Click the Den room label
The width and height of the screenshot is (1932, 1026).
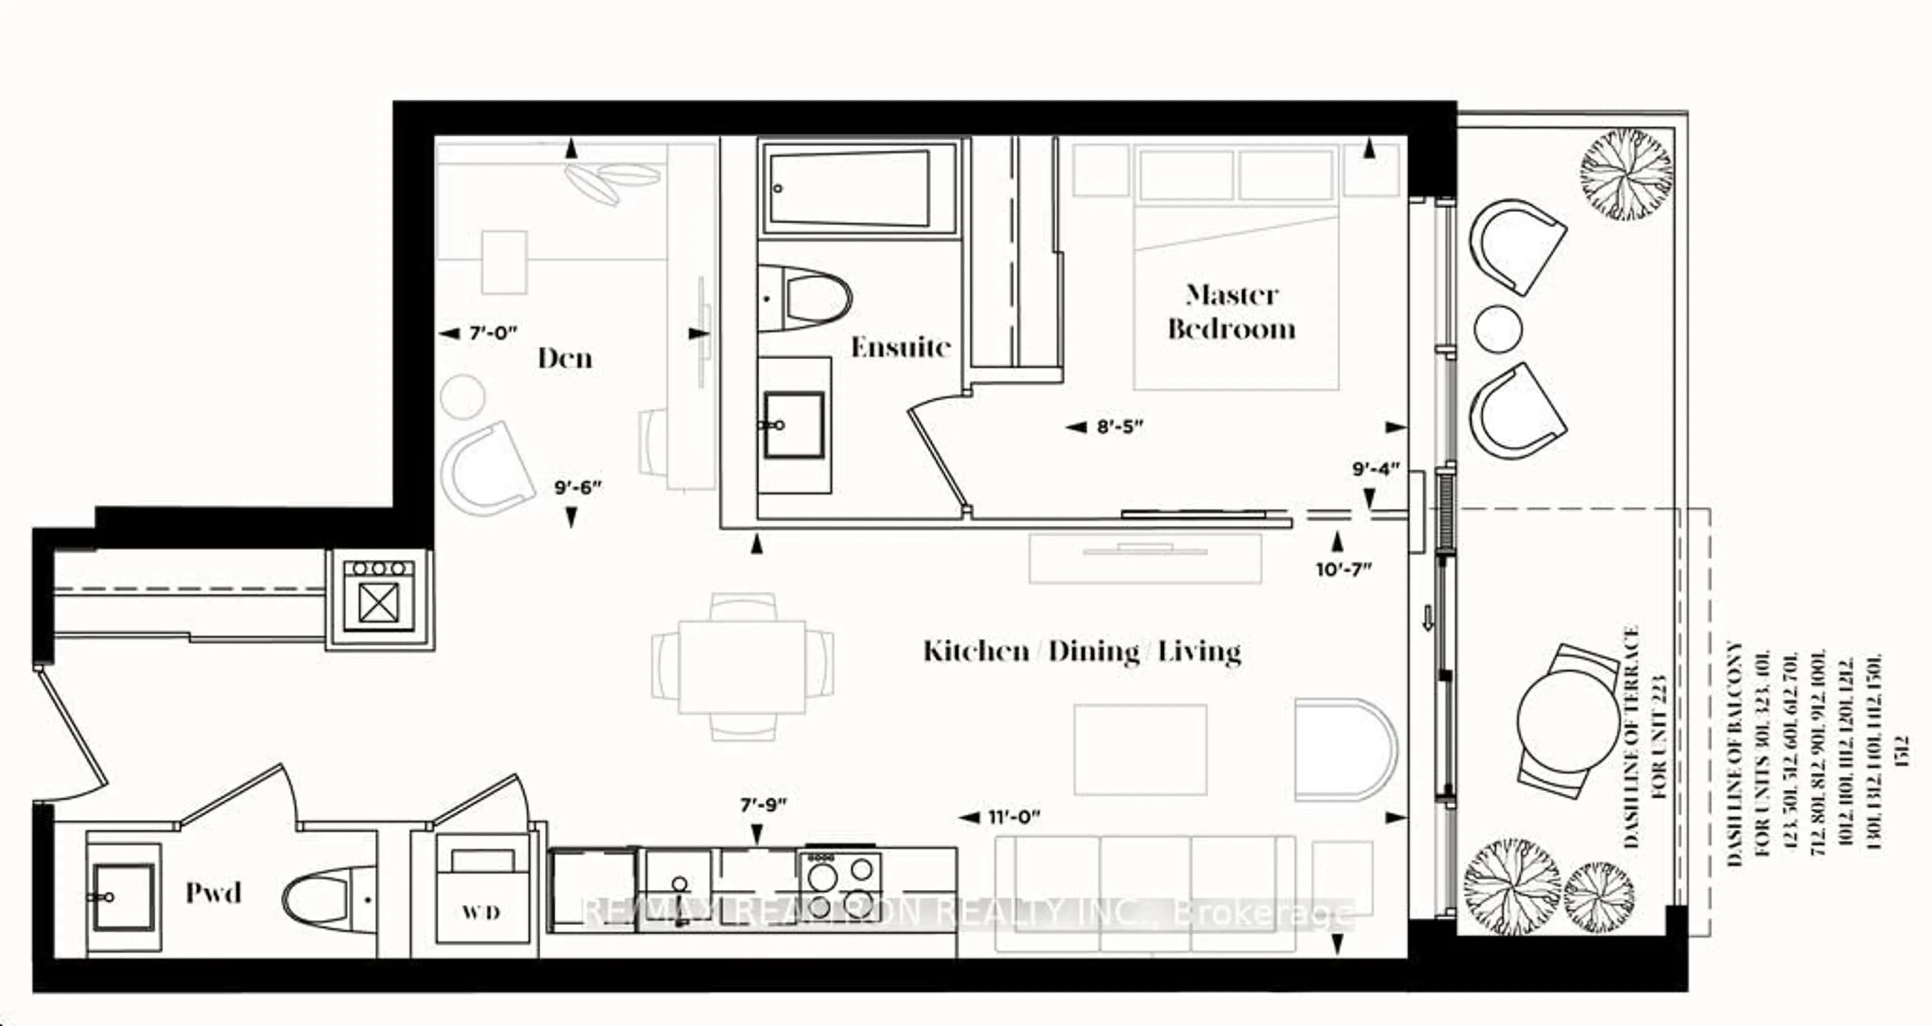[x=565, y=359]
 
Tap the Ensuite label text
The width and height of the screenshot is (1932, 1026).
[x=900, y=347]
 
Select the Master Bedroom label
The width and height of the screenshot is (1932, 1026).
[x=1232, y=312]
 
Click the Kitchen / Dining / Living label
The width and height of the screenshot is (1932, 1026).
[x=1082, y=651]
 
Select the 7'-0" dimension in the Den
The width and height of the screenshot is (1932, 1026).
[x=493, y=333]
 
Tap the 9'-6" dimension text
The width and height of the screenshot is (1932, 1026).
[x=578, y=487]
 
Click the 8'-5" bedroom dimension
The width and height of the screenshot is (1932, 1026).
[x=1120, y=427]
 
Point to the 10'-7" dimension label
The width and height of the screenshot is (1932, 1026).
[x=1343, y=569]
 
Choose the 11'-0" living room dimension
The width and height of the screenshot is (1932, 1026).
[x=1014, y=817]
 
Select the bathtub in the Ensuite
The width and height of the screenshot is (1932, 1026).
[x=859, y=188]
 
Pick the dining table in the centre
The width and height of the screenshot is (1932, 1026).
[x=742, y=666]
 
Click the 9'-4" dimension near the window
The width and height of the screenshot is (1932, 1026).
[x=1376, y=470]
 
